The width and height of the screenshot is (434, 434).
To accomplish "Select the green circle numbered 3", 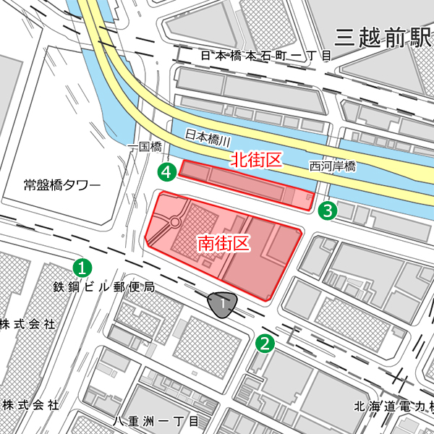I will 328,211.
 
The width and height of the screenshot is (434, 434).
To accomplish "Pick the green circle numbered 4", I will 167,172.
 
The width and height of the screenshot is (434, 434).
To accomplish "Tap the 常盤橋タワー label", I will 61,185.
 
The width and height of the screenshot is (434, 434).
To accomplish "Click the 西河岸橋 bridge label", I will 333,166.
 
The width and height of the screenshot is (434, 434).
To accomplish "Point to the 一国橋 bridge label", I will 142,148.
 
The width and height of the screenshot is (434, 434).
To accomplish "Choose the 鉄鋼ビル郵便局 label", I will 103,287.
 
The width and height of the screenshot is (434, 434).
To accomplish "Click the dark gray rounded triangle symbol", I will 221,305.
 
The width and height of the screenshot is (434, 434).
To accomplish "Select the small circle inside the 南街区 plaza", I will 175,224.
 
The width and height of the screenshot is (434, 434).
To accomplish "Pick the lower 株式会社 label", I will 29,404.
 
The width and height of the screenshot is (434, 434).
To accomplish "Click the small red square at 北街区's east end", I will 310,197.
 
